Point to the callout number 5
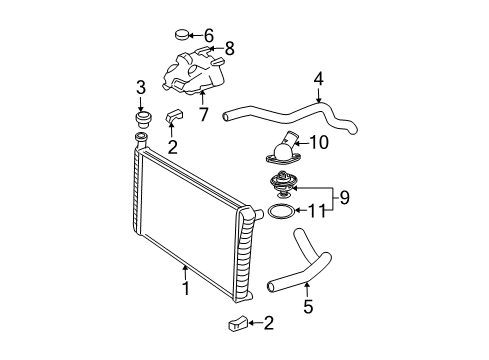tap(306, 307)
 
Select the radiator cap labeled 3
tap(141, 120)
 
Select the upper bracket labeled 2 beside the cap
tap(174, 120)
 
